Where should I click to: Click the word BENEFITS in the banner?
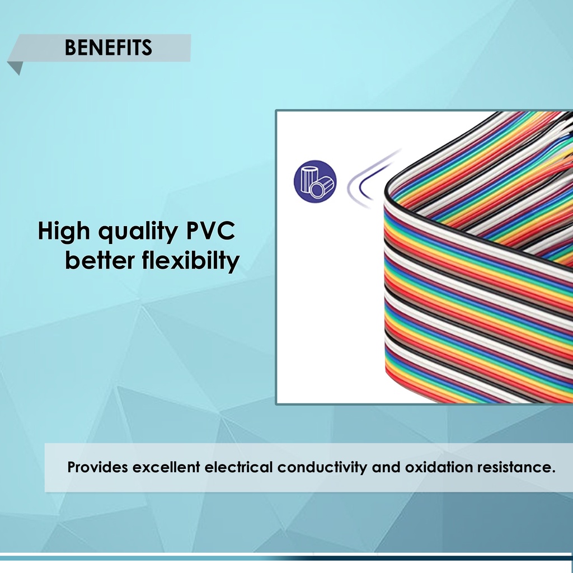(108, 48)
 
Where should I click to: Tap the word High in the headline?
(64, 231)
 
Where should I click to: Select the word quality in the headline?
(138, 232)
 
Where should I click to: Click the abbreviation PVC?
(210, 231)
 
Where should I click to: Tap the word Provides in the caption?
(97, 467)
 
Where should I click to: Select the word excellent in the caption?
(166, 467)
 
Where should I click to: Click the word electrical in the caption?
(238, 467)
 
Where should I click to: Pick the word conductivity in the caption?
(322, 467)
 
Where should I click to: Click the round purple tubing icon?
(315, 181)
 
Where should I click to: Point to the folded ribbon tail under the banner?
(15, 67)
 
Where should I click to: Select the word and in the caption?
(386, 467)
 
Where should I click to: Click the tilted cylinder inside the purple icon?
(322, 187)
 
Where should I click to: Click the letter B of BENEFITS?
(70, 48)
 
